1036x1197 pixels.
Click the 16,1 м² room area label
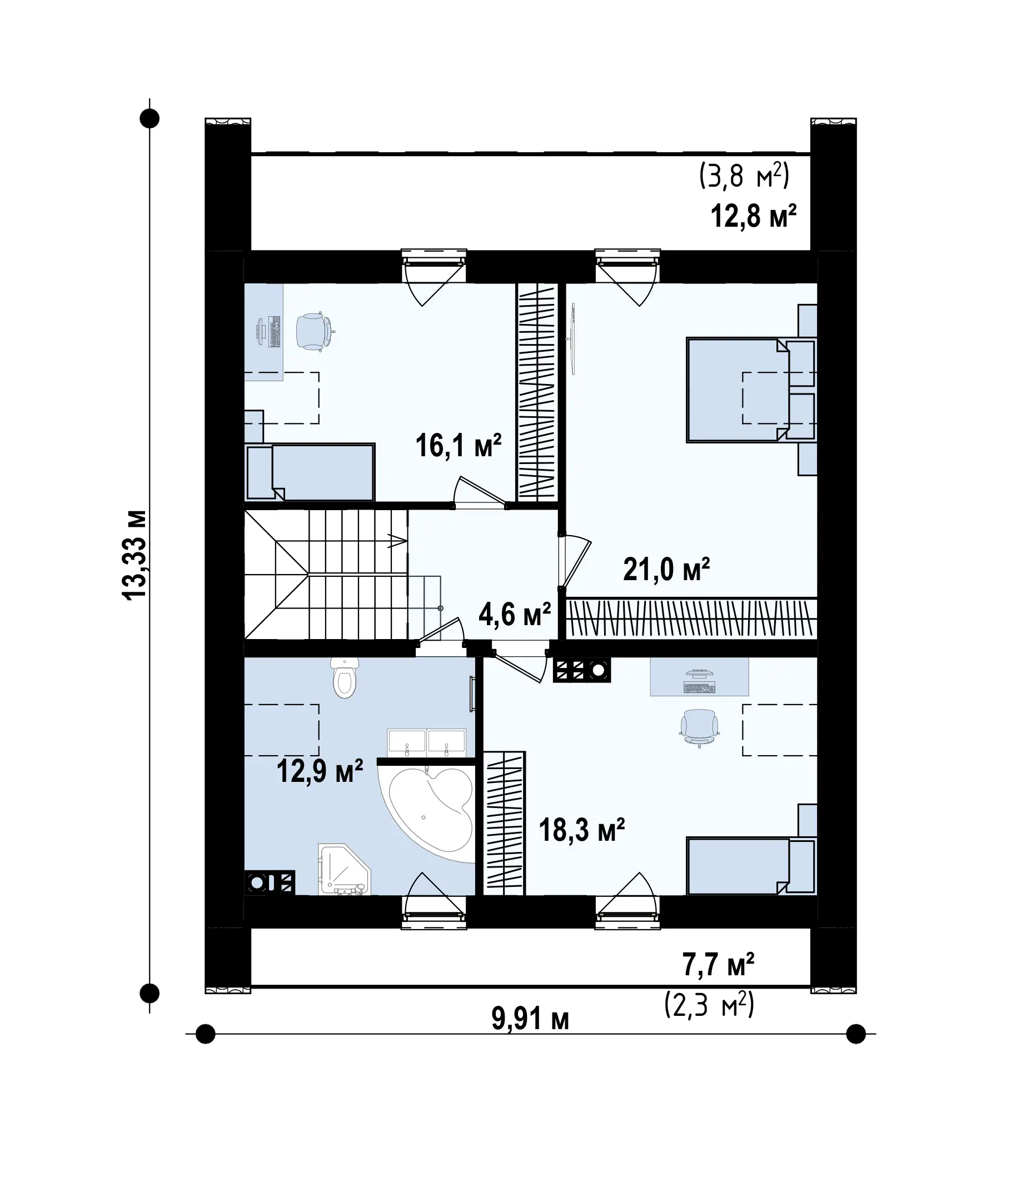(x=459, y=446)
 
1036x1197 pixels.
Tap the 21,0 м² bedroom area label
(x=666, y=569)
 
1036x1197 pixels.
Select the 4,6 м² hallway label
(x=515, y=614)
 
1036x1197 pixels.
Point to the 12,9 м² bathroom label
(x=320, y=770)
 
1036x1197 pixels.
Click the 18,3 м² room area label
(x=581, y=830)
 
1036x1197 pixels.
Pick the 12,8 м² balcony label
(x=753, y=216)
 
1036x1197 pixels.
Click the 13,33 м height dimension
(x=135, y=555)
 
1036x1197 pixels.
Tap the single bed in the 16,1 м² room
(x=311, y=472)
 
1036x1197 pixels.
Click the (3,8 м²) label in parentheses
(x=744, y=176)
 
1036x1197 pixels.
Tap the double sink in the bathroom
(x=427, y=742)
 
